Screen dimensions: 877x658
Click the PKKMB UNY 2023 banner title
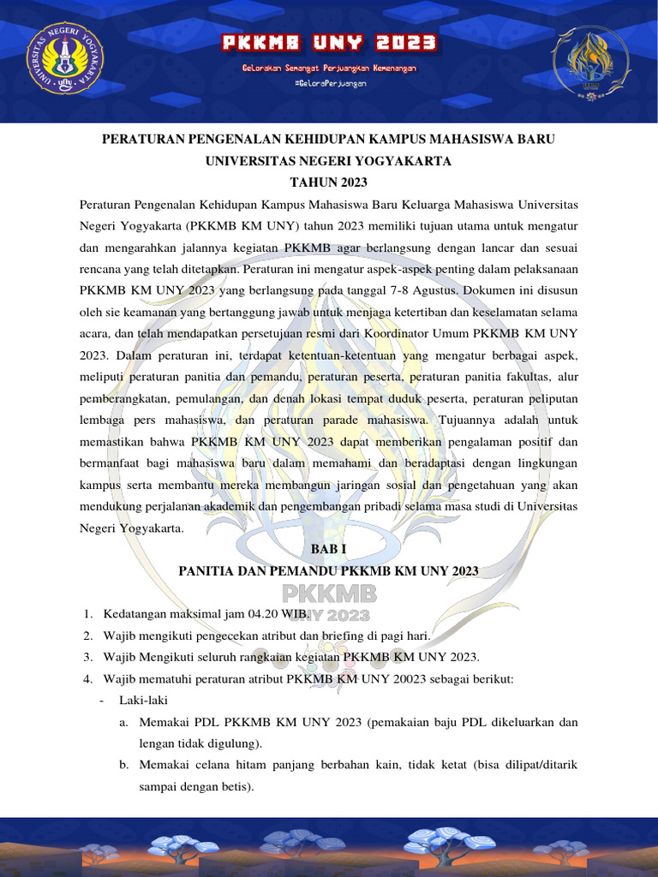[x=329, y=43]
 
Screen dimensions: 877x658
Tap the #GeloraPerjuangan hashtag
[x=329, y=83]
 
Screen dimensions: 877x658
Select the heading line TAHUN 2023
[x=329, y=182]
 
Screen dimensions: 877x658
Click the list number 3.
[x=87, y=657]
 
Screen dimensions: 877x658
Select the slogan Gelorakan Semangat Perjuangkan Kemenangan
[x=329, y=67]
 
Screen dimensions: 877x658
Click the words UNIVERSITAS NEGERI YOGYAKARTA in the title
[x=329, y=160]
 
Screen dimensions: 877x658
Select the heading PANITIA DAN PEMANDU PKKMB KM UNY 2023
[x=329, y=571]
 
